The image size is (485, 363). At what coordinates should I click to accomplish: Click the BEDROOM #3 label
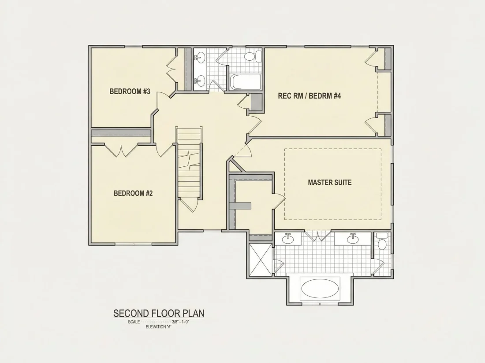click(x=130, y=92)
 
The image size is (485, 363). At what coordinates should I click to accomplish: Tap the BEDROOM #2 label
click(x=133, y=193)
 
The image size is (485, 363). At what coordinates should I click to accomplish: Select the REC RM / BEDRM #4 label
click(x=310, y=95)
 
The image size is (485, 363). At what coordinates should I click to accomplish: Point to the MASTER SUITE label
click(x=330, y=183)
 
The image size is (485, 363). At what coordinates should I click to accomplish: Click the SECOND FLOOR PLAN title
click(x=159, y=313)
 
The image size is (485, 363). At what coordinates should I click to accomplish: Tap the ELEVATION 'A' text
click(x=158, y=327)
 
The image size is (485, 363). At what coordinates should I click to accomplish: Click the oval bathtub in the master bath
click(x=320, y=288)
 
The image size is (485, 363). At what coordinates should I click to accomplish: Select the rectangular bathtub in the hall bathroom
click(x=246, y=82)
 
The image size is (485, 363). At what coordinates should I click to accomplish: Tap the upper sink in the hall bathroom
click(x=200, y=57)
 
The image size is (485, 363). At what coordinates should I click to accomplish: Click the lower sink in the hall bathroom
click(x=200, y=81)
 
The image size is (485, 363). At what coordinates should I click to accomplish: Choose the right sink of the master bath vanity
click(x=352, y=238)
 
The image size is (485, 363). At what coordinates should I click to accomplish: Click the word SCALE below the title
click(x=134, y=322)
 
